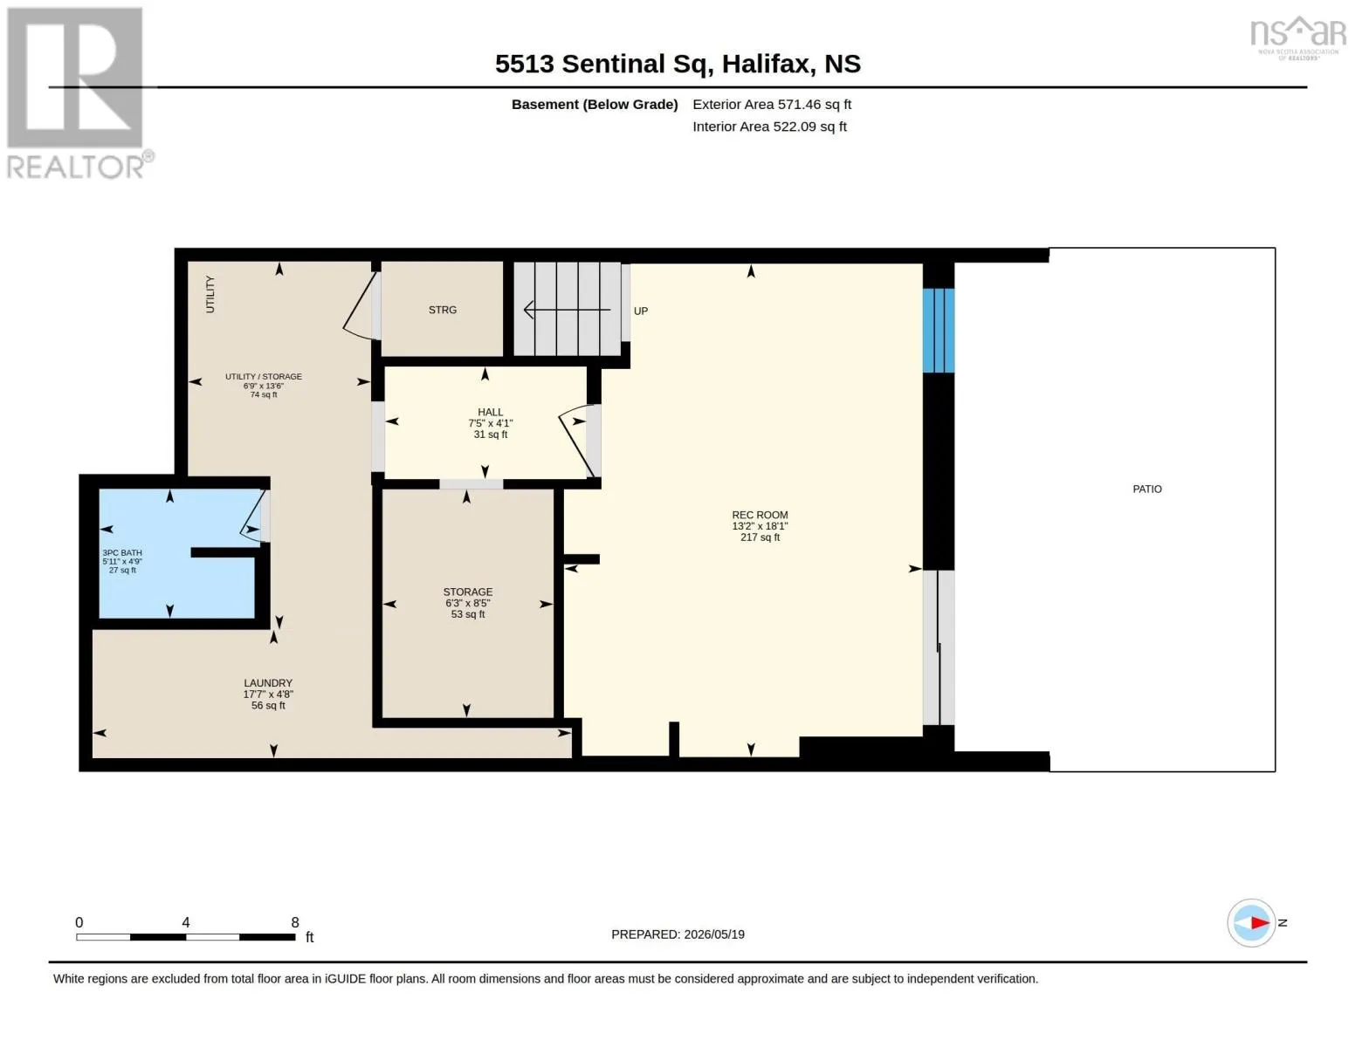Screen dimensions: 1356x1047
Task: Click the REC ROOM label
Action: tap(760, 515)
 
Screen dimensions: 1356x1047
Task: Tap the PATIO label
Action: tap(1147, 489)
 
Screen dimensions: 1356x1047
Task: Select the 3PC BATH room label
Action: tap(122, 552)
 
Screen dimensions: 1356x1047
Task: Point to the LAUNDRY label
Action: tap(268, 683)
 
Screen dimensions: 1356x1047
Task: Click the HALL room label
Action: tap(490, 412)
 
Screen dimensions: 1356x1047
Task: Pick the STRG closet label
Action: tap(443, 309)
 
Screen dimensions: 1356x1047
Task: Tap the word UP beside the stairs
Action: tap(641, 311)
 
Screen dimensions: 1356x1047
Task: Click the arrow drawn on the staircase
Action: tap(567, 309)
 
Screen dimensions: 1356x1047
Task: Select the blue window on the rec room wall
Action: tap(938, 331)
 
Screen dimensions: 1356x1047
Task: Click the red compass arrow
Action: tap(1260, 922)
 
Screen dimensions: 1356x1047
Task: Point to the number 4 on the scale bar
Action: tap(186, 921)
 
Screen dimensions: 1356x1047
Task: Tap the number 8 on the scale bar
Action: tap(295, 921)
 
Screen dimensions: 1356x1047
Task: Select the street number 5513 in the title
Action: tap(524, 64)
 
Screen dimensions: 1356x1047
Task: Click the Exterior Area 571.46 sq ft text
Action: tap(772, 104)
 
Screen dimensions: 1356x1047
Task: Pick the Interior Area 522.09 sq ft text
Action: tap(769, 127)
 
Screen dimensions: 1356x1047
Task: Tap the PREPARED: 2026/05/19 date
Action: tap(678, 934)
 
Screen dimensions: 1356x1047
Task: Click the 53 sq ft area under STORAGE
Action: tap(467, 614)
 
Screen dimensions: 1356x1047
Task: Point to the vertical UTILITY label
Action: tap(210, 294)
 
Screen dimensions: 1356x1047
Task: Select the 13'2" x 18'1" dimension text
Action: tap(760, 526)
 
